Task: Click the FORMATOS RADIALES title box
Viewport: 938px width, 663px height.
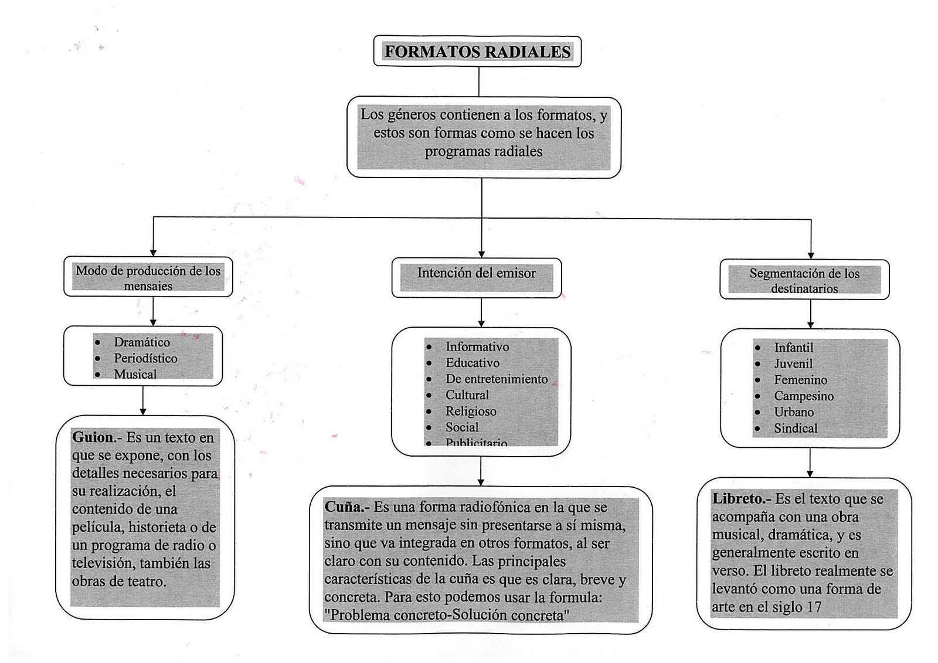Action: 477,52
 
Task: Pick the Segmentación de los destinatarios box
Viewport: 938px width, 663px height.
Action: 804,280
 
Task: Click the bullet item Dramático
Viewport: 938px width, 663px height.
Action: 142,342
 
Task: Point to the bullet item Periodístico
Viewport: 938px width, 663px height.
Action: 145,358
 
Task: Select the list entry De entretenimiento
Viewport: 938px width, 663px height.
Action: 496,379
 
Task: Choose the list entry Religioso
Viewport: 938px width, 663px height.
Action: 471,412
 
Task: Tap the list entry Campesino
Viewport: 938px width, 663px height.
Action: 803,396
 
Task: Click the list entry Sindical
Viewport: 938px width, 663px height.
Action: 795,429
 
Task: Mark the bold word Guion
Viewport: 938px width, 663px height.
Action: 93,437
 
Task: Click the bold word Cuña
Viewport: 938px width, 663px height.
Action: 346,506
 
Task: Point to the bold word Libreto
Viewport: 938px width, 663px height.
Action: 740,499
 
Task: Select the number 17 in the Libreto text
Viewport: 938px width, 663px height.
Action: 813,607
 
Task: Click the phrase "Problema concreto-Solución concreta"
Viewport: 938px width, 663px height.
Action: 447,616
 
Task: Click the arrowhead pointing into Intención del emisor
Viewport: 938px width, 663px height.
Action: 481,254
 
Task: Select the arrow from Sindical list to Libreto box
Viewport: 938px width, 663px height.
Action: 810,463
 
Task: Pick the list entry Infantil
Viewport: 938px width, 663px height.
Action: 793,348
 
